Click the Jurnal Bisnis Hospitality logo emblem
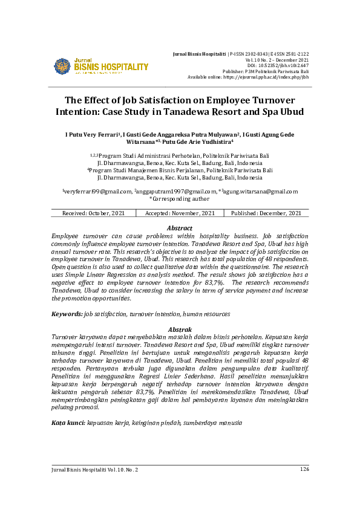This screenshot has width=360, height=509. [x=62, y=66]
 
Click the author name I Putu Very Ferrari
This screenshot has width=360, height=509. [x=93, y=134]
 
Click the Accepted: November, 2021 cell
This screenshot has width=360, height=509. [x=180, y=213]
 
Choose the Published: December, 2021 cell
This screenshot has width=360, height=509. [x=266, y=213]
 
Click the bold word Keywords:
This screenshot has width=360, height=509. [x=67, y=314]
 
